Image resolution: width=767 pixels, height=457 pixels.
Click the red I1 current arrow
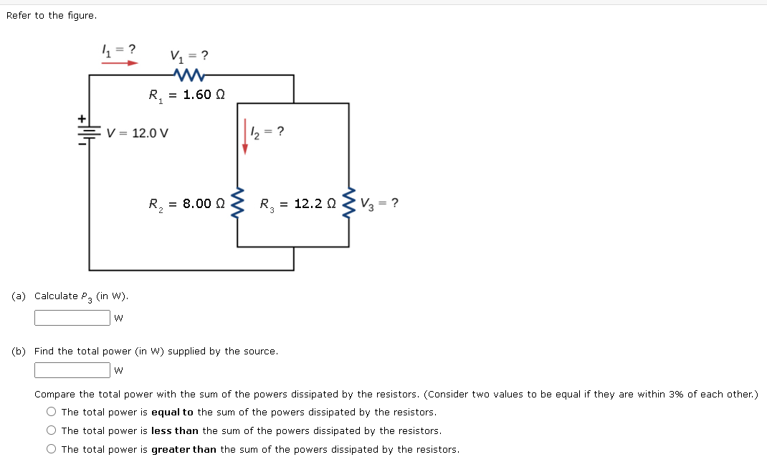click(x=119, y=62)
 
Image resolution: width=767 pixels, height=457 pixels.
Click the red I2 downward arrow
click(x=244, y=136)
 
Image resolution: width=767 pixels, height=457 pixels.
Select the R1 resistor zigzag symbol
click(x=189, y=75)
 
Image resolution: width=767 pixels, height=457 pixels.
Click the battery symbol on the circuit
click(x=89, y=133)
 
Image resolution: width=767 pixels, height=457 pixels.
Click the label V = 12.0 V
click(x=137, y=133)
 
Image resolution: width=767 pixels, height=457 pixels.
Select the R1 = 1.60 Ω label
click(x=187, y=95)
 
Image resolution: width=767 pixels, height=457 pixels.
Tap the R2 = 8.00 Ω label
click(x=186, y=204)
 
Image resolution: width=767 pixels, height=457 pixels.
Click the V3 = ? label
click(x=380, y=203)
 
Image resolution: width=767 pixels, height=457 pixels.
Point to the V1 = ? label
click(x=189, y=55)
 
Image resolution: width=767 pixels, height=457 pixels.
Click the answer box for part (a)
click(x=72, y=317)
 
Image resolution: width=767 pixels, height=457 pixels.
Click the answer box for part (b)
click(x=72, y=370)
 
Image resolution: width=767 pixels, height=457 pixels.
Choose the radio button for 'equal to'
click(x=52, y=412)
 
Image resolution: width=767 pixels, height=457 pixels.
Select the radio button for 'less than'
click(x=52, y=430)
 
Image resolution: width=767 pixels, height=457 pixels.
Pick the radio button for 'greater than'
click(x=52, y=449)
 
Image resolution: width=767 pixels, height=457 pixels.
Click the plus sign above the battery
click(x=82, y=117)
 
